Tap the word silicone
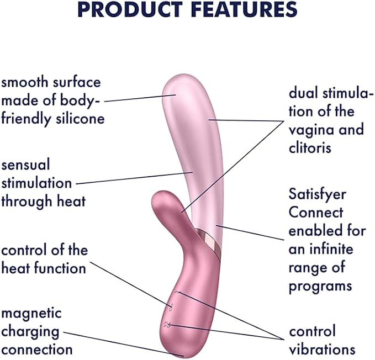[x=81, y=118]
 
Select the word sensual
[x=25, y=165]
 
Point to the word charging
[x=30, y=332]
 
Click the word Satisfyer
[x=318, y=195]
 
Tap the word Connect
[x=316, y=212]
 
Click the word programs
[x=320, y=287]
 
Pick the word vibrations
[x=322, y=350]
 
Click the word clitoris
[x=310, y=147]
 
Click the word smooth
[x=25, y=82]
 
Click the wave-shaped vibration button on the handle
[x=167, y=324]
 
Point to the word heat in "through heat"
[x=71, y=201]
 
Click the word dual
[x=304, y=93]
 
